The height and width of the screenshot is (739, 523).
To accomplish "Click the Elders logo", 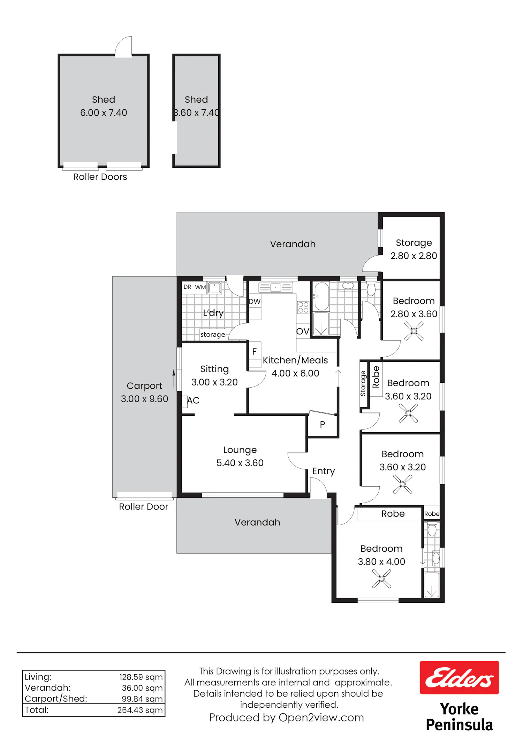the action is (x=459, y=677).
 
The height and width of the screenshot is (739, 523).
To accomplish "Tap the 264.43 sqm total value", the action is (x=140, y=710).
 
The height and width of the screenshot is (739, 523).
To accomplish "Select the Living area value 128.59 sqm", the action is (x=141, y=677).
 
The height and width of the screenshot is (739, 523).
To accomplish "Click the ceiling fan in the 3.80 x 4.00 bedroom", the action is (x=381, y=578).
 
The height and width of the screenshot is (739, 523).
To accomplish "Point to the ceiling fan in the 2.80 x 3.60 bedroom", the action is (x=414, y=331).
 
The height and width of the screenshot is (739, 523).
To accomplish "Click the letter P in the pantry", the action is (x=323, y=425).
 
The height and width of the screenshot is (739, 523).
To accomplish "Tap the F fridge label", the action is (x=255, y=352).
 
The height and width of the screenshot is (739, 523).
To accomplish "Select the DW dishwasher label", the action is (x=255, y=302).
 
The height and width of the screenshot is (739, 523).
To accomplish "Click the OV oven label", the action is (x=303, y=331).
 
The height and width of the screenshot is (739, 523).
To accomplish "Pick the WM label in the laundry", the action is (x=200, y=287).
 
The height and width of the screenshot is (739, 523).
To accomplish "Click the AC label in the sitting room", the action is (x=193, y=400).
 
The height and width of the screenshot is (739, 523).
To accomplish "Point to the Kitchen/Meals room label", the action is (x=295, y=360).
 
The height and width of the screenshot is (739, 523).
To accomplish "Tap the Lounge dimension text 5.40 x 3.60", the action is (x=240, y=463).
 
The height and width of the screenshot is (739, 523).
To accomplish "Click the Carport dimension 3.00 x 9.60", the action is (x=144, y=399).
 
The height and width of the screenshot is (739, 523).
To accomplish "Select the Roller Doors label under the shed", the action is (x=100, y=177).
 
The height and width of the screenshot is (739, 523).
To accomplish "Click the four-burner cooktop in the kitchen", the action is (x=303, y=308).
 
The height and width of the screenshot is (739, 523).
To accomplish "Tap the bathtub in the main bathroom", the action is (x=321, y=296).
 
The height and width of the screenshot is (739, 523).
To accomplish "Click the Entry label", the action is (x=324, y=471).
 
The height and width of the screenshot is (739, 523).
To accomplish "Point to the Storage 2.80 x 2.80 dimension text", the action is (x=414, y=256).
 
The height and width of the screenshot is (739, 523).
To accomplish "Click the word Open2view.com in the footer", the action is (x=321, y=718).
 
